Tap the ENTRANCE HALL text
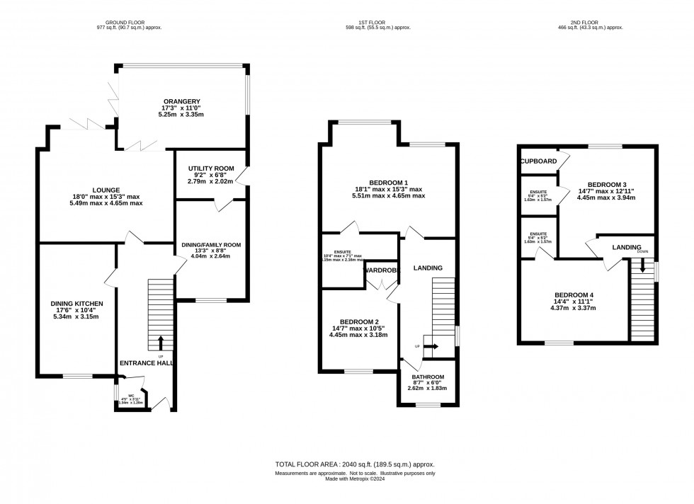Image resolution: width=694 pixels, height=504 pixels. click(147, 363)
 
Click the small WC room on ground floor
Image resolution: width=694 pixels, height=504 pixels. click(131, 398)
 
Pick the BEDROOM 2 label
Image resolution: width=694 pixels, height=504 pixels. click(358, 320)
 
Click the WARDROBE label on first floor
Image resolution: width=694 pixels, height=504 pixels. click(382, 270)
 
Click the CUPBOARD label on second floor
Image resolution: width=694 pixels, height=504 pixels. click(538, 161)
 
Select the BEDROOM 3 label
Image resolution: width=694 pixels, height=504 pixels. click(606, 183)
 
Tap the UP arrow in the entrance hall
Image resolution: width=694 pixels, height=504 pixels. click(160, 342)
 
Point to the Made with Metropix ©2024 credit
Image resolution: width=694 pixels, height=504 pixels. click(355, 478)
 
